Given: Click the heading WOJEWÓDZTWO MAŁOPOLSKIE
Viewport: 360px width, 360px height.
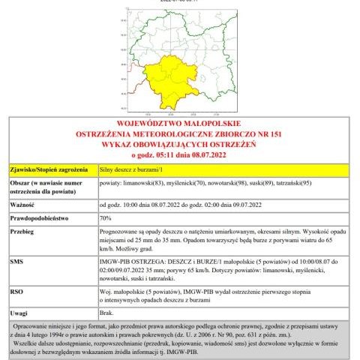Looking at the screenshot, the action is [x=179, y=123].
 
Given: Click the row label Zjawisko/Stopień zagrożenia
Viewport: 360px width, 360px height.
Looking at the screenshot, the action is [x=49, y=171].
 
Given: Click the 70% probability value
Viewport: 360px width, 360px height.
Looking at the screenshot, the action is [x=106, y=218].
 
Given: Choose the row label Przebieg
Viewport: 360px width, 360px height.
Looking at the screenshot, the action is [x=24, y=232].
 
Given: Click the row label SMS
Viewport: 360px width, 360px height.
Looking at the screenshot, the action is [x=17, y=262].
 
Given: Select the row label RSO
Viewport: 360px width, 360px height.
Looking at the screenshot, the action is [x=17, y=289].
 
